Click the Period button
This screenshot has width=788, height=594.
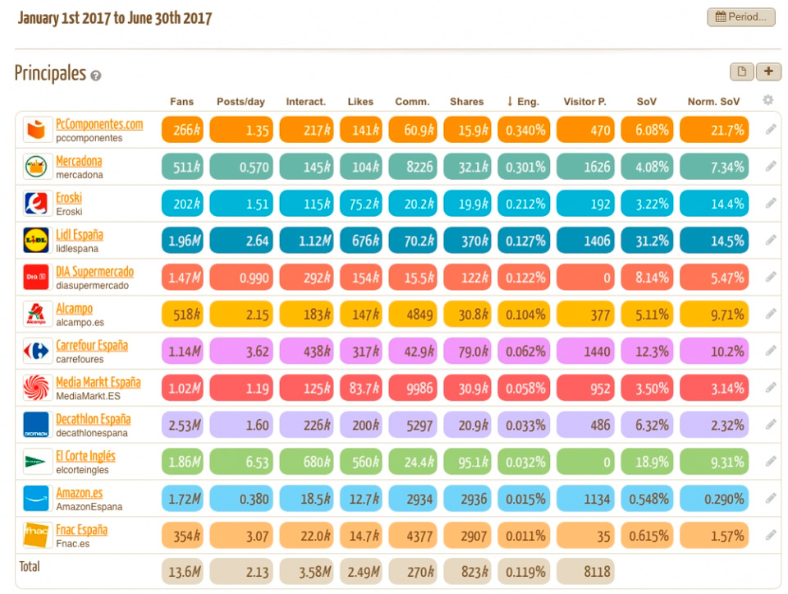(740, 16)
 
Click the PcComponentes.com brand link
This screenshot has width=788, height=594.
(98, 124)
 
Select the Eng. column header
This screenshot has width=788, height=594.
(523, 102)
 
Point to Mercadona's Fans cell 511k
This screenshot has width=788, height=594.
(181, 167)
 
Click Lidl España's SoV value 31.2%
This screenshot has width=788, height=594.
(647, 241)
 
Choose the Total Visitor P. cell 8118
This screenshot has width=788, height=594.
(585, 572)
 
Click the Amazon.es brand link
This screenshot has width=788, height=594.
(79, 493)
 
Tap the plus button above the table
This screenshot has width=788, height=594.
(768, 71)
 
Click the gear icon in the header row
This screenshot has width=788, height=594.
(767, 100)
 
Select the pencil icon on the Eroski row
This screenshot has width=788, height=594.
(771, 203)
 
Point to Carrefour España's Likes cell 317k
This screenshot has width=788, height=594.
(360, 352)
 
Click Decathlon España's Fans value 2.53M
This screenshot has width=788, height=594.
(181, 425)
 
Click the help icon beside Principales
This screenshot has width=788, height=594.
(96, 76)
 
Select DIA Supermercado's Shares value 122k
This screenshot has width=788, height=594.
(467, 278)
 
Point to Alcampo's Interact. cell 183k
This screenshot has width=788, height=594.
(306, 315)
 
